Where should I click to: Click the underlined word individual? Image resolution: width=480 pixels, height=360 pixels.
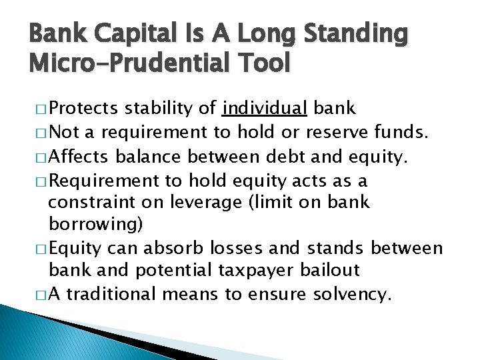pos(265,109)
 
